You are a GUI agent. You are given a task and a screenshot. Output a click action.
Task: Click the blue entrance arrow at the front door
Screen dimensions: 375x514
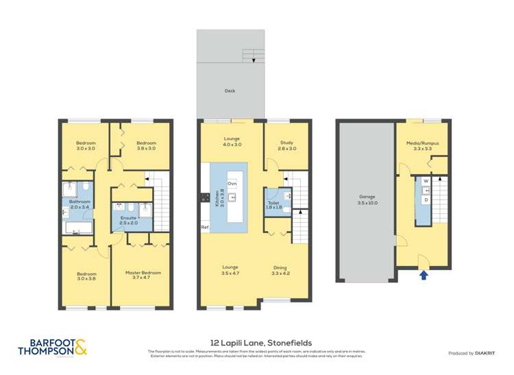click(x=424, y=275)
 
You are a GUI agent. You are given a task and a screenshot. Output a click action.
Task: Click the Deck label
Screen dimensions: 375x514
click(x=230, y=90)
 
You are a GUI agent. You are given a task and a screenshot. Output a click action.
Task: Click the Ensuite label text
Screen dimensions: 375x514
click(x=128, y=220)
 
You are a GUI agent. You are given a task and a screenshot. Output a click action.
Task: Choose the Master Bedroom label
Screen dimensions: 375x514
click(x=143, y=276)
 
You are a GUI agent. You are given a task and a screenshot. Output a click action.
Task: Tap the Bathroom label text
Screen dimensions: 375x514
click(x=79, y=204)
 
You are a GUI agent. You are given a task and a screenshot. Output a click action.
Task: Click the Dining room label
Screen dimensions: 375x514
click(x=280, y=269)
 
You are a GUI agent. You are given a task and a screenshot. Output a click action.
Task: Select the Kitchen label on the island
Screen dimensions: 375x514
click(x=219, y=198)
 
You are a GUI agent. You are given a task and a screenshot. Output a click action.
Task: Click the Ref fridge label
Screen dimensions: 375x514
click(x=204, y=227)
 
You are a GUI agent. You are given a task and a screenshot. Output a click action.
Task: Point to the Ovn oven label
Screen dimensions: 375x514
click(x=232, y=184)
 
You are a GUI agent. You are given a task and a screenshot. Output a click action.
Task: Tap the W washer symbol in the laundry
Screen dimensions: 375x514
click(x=426, y=182)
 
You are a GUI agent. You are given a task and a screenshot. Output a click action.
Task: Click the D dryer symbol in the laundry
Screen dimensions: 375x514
click(x=426, y=199)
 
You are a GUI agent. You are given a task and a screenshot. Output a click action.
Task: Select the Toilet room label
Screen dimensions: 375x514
click(x=273, y=204)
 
